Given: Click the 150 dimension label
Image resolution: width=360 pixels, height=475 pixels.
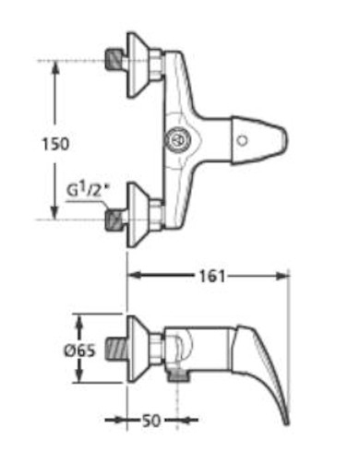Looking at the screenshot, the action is coord(55,145).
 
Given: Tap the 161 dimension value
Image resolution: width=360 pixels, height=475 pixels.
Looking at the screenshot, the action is coord(212,276).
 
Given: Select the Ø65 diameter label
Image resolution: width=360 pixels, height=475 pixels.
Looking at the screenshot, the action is coord(79,350).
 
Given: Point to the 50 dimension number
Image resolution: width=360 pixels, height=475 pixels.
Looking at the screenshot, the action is coord(151,421).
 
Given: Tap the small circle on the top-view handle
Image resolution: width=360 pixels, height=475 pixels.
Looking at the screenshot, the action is coord(242,140).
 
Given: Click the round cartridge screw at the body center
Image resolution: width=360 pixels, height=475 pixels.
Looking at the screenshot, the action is coord(177,140).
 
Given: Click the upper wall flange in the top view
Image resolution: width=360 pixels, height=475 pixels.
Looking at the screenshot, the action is coord(138,65).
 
